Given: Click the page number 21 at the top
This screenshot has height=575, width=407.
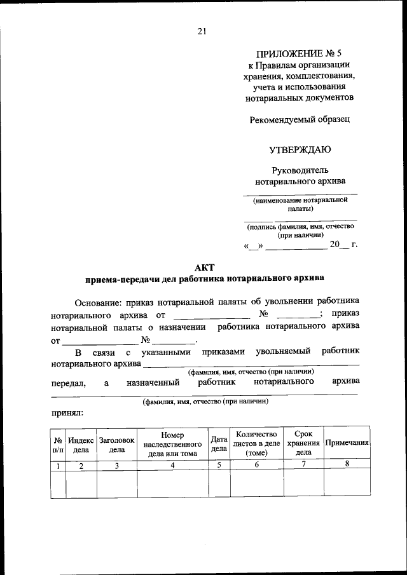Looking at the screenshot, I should [x=202, y=30].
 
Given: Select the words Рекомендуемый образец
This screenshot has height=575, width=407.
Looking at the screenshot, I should [x=298, y=119].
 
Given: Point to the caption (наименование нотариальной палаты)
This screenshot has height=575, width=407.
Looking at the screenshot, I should [x=300, y=204].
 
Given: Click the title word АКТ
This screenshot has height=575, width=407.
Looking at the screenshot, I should [x=203, y=267].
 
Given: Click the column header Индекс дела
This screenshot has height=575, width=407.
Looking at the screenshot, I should [x=81, y=444].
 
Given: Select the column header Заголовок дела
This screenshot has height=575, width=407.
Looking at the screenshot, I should [x=117, y=444].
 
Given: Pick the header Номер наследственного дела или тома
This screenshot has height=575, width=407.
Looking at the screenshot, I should [x=172, y=444].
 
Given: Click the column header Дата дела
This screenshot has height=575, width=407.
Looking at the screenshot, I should [x=219, y=444].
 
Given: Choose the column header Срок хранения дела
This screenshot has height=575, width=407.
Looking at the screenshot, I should [x=303, y=443].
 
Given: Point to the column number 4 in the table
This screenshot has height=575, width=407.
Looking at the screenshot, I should [x=172, y=465].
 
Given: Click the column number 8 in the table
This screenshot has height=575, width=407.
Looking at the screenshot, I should [x=347, y=464].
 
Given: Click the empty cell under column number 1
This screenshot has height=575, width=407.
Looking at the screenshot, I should [x=58, y=484].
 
